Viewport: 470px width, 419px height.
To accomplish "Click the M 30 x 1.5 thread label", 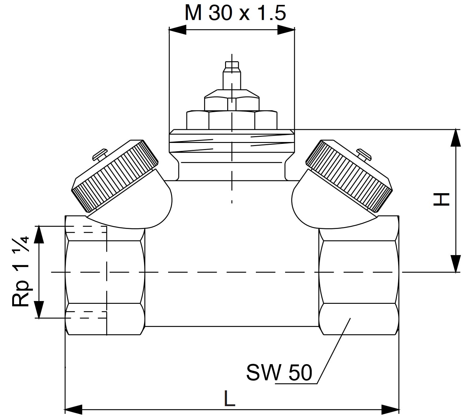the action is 235,13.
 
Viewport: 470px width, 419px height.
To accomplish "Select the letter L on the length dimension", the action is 229,398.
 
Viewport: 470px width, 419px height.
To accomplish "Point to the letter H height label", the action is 441,199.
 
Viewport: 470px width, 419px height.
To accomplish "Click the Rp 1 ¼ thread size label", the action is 21,272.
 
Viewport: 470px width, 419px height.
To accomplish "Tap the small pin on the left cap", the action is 100,154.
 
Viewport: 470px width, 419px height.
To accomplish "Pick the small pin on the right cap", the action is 364,154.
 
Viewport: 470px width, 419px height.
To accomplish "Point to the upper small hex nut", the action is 232,100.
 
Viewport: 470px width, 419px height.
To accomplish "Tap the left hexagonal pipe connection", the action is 105,275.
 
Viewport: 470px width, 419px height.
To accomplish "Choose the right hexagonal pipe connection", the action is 359,275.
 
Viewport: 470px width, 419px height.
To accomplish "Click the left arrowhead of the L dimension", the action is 73,410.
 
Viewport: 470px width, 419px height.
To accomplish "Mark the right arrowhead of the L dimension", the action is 390,410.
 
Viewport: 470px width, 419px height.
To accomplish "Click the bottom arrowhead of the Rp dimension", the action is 39,310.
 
